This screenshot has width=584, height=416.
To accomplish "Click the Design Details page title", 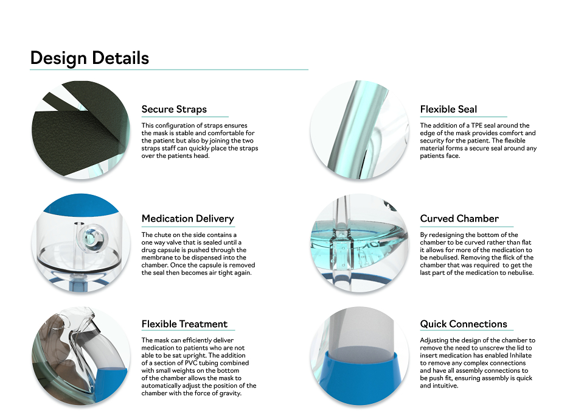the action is pos(89,58).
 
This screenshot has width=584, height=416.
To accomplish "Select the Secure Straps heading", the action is pos(174,109).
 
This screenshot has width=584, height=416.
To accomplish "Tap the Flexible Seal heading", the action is pos(448,109).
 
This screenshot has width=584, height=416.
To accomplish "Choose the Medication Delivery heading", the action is pos(188,219).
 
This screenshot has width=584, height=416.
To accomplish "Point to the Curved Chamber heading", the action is pos(459,219).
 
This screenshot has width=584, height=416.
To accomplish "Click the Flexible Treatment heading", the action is pos(184,324).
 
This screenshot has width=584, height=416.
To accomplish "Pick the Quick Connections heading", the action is pos(464,324).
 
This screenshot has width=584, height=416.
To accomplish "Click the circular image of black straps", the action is pos(81,130).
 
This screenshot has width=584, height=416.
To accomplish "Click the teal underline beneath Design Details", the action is pos(169,69).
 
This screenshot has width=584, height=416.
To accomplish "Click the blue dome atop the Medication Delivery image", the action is pos(82,204).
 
